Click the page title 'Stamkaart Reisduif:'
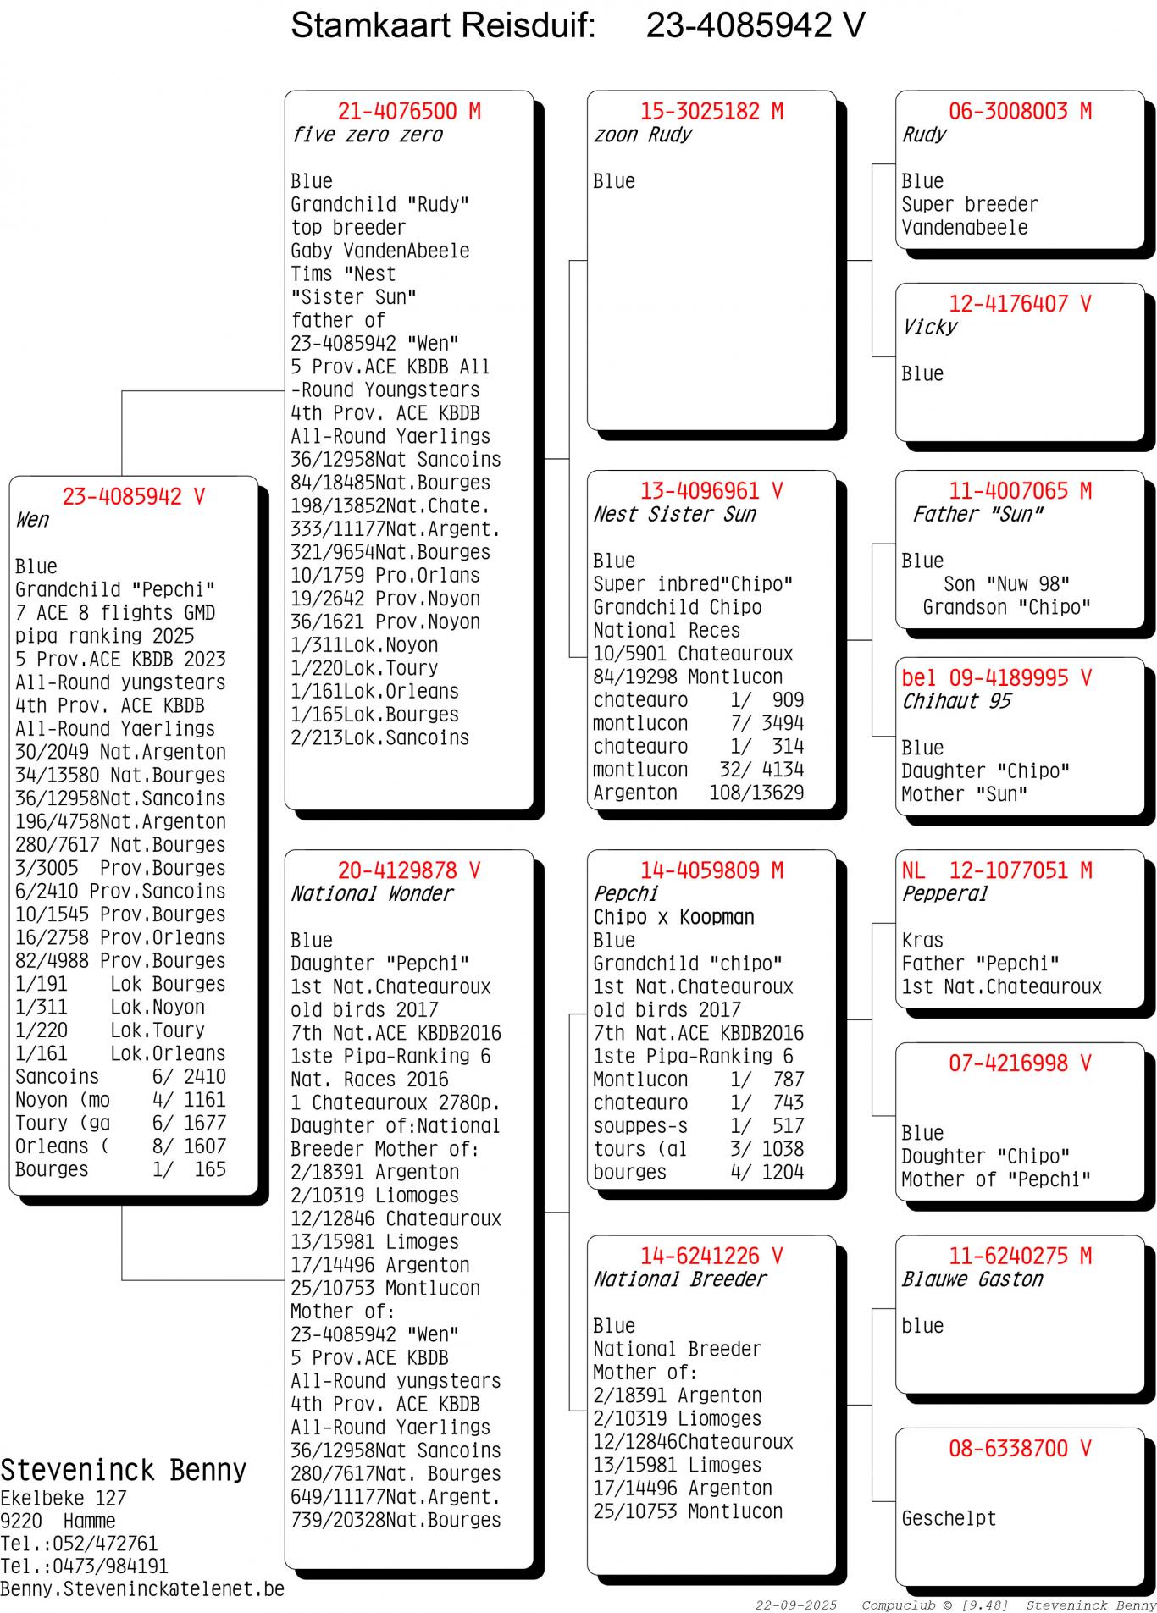[443, 25]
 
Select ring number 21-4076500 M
[409, 111]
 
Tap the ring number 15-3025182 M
[711, 111]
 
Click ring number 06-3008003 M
[1020, 111]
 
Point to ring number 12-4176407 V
[1020, 304]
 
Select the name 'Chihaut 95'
[956, 701]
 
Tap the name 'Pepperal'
[944, 893]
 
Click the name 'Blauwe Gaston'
[972, 1279]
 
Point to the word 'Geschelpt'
[949, 1518]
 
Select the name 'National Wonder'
[372, 893]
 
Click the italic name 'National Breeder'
[679, 1279]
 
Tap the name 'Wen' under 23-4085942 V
[32, 520]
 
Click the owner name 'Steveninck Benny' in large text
[123, 1471]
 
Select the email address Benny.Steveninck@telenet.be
[142, 1589]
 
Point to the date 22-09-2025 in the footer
[795, 1605]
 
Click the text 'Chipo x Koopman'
[673, 917]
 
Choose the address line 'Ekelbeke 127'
[63, 1498]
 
